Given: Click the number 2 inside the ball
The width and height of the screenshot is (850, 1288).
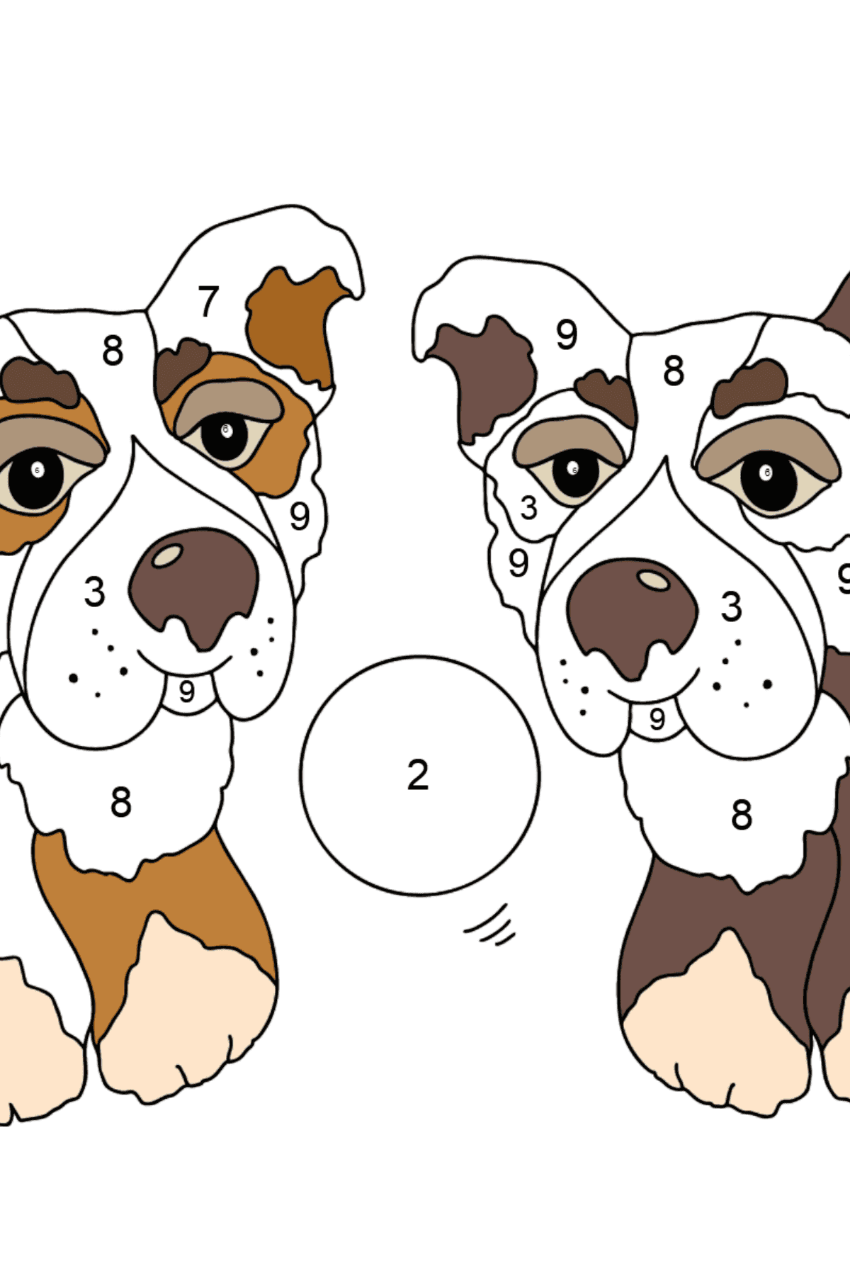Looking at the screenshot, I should [x=418, y=775].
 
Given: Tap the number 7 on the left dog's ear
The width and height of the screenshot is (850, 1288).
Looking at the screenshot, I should [x=208, y=302].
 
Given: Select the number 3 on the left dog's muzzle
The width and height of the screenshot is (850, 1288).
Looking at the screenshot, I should [x=94, y=592].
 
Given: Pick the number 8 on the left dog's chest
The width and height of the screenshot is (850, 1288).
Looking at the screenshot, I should [x=120, y=803].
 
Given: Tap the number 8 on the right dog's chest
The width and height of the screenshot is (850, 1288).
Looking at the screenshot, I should [x=741, y=815].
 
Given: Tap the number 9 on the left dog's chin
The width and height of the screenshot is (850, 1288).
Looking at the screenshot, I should [x=186, y=691].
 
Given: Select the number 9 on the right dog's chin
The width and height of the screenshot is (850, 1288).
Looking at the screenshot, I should [x=657, y=720].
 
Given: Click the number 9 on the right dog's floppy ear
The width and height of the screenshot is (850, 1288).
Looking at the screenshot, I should [x=567, y=334].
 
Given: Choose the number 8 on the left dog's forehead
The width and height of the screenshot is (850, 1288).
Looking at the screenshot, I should [x=113, y=351].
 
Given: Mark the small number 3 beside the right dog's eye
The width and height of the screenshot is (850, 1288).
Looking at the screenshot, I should [x=528, y=508].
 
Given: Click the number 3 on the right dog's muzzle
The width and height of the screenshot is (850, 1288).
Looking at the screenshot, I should [x=731, y=607].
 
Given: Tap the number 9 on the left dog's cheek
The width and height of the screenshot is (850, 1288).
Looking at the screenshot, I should [x=300, y=516].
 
